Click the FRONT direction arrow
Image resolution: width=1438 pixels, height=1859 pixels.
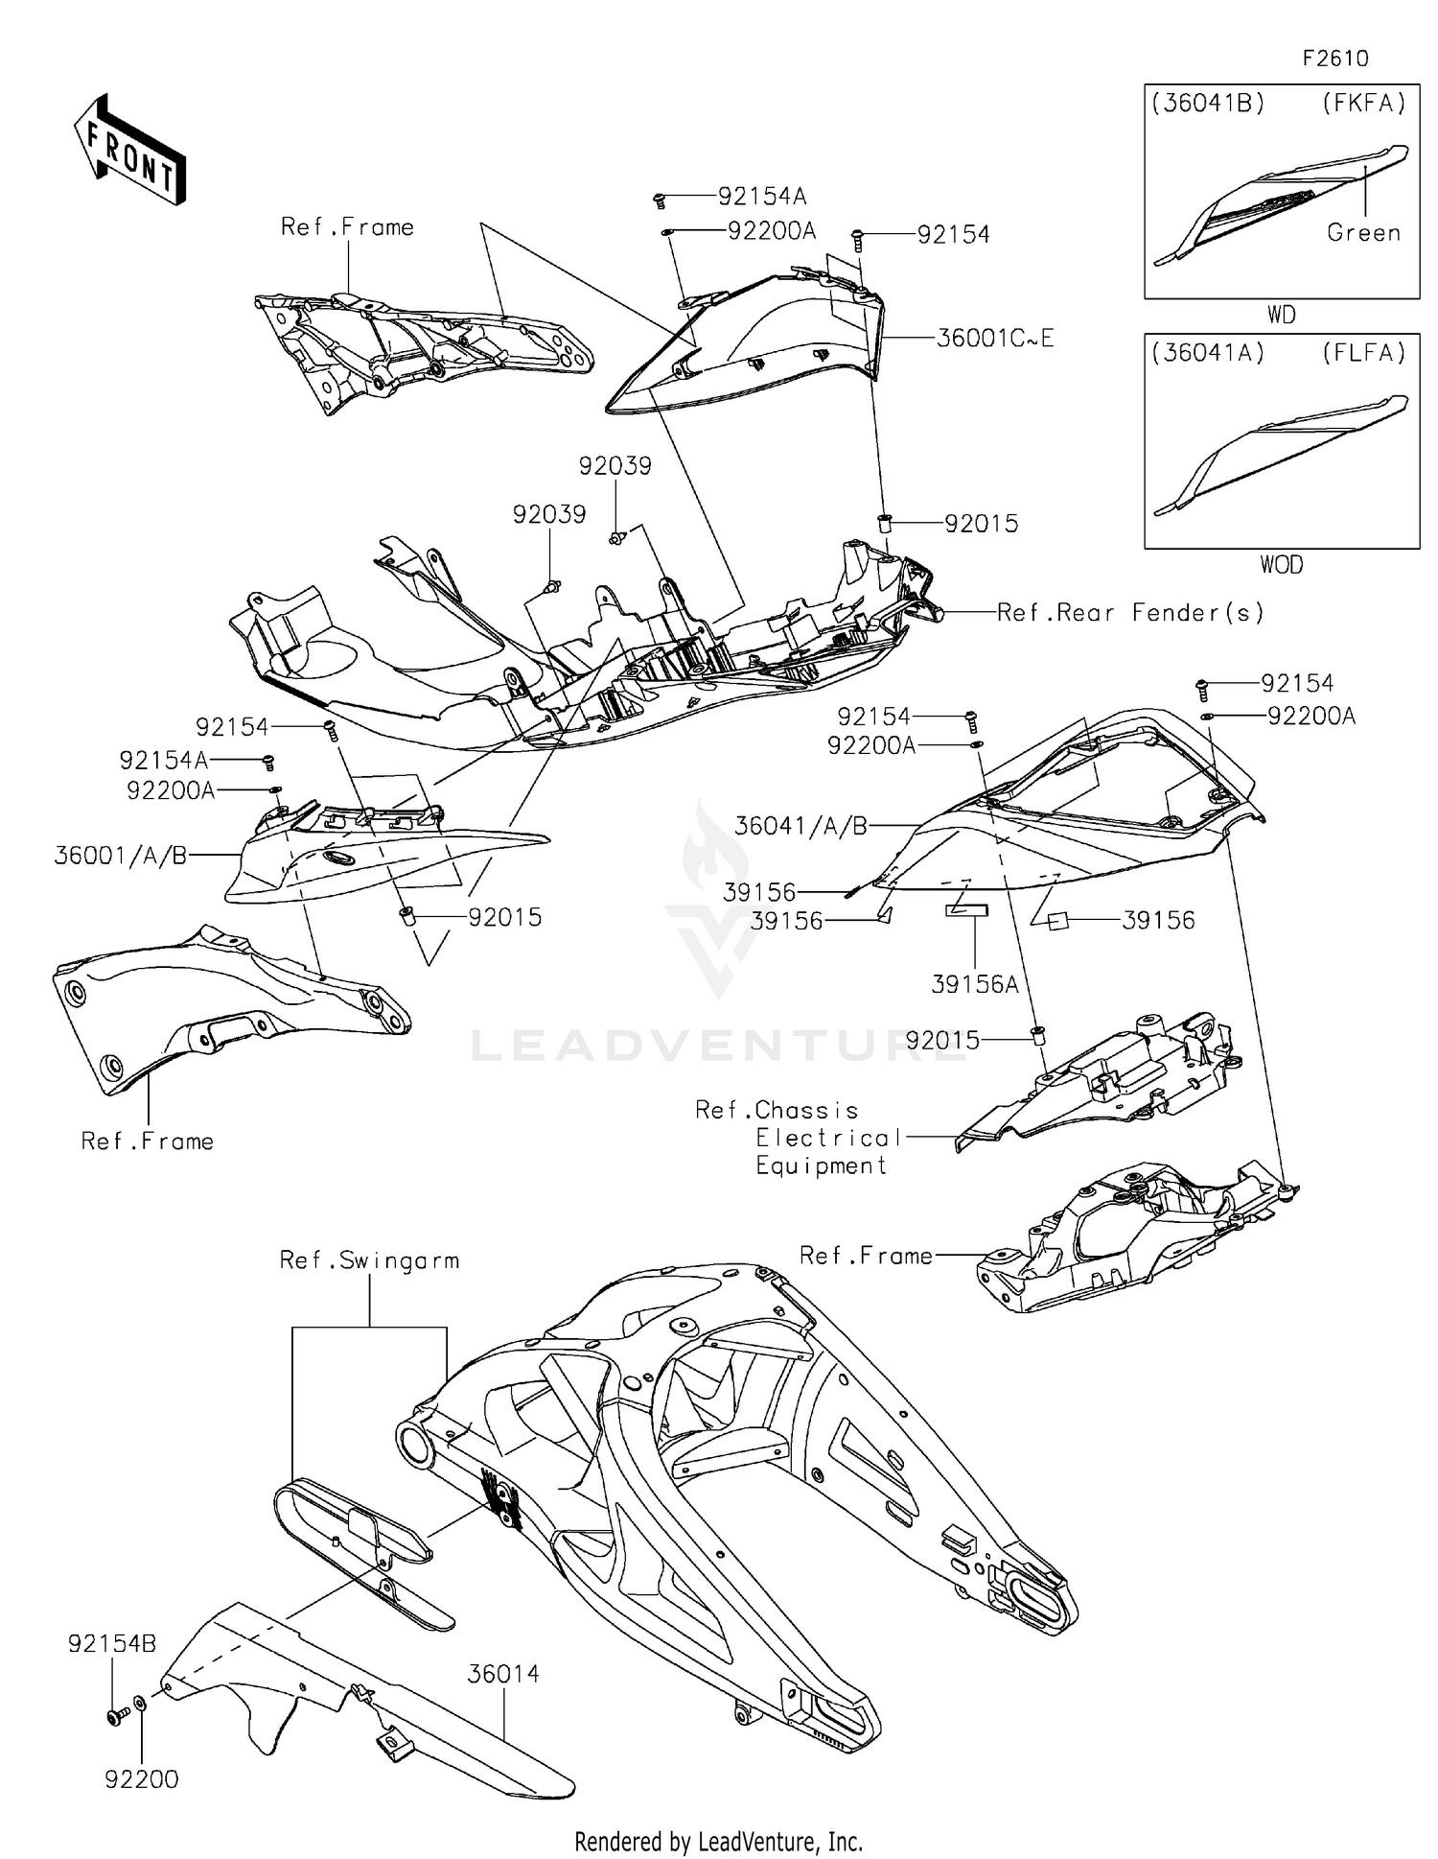tap(129, 151)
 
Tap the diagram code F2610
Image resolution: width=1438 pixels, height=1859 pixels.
tap(1334, 59)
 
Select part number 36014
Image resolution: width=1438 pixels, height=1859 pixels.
tap(503, 1674)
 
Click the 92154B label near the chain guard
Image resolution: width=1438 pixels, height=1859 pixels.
tap(112, 1644)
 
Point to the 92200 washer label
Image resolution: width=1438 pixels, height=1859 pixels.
tap(142, 1779)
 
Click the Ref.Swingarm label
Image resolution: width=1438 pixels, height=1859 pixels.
tap(369, 1260)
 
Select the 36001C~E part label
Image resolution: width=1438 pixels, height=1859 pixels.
tap(994, 339)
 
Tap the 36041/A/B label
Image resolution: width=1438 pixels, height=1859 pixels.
tap(801, 826)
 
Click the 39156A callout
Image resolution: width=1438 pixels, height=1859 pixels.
tap(975, 984)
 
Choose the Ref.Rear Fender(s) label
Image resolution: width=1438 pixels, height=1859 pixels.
tap(1130, 613)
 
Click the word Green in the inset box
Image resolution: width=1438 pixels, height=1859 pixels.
tap(1363, 233)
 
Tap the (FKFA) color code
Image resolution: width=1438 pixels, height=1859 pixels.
tap(1363, 104)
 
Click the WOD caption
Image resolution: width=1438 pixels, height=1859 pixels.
tap(1281, 565)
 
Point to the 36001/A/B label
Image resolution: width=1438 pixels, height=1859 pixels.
tap(121, 856)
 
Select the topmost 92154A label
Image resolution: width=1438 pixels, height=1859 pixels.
tap(762, 197)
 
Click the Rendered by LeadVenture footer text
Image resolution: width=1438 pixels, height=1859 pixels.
tap(718, 1842)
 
